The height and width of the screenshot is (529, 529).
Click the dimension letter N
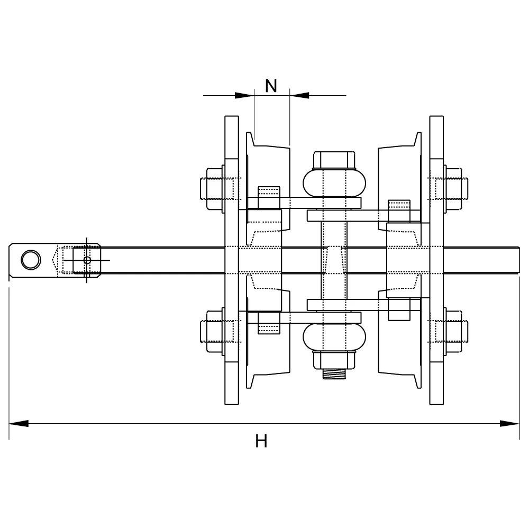point(271,86)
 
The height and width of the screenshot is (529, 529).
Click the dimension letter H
point(261,441)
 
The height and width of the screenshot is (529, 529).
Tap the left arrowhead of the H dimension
point(19,423)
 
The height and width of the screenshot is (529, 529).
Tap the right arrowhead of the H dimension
point(510,423)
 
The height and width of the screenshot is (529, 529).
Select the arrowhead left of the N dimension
point(244,95)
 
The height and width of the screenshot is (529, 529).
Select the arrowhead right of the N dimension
point(299,95)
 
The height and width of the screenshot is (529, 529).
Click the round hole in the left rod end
point(31,260)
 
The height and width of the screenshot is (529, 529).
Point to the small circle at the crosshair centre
point(87,260)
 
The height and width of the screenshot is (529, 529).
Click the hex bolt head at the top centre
point(334,160)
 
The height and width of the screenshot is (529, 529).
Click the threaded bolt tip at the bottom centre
point(334,374)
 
